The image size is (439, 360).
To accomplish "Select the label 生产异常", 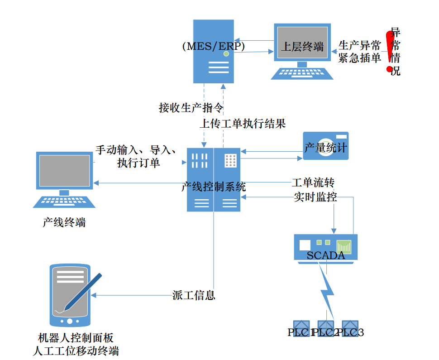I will [x=360, y=45].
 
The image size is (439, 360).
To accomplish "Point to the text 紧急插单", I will [x=360, y=58].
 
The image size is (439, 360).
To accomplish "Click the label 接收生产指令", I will [x=191, y=108].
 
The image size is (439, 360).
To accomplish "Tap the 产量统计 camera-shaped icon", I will [x=326, y=146].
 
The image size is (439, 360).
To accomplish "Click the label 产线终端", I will [x=64, y=222].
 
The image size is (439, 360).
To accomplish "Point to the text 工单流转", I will [x=313, y=183].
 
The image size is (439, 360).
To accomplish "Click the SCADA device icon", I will [x=326, y=247].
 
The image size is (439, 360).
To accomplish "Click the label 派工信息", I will [x=194, y=295].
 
